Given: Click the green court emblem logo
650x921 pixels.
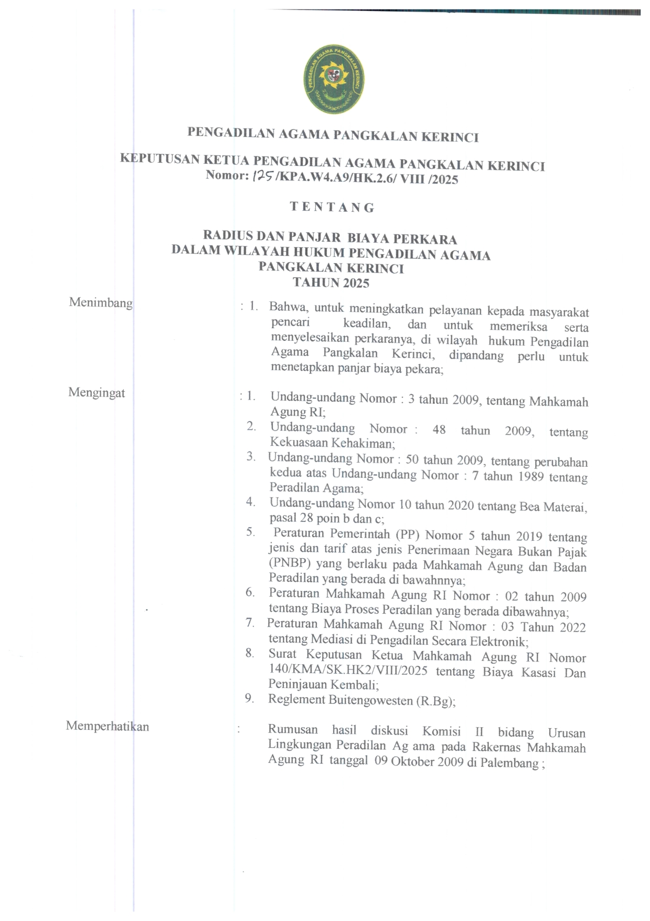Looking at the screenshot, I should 334,80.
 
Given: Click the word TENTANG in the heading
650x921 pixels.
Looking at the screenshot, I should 333,207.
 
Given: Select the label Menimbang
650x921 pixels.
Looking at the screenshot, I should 101,302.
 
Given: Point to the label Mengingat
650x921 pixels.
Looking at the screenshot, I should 97,393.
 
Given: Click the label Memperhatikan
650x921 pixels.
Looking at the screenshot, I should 108,726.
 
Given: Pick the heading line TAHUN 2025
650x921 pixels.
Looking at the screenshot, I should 331,283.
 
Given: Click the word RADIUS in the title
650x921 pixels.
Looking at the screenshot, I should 228,235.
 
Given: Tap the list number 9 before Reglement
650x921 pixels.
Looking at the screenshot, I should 250,698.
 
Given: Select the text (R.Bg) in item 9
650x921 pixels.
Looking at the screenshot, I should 435,701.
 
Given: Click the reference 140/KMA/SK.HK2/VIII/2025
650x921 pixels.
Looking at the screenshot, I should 348,671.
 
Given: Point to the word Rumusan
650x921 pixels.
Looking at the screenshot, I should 293,729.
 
